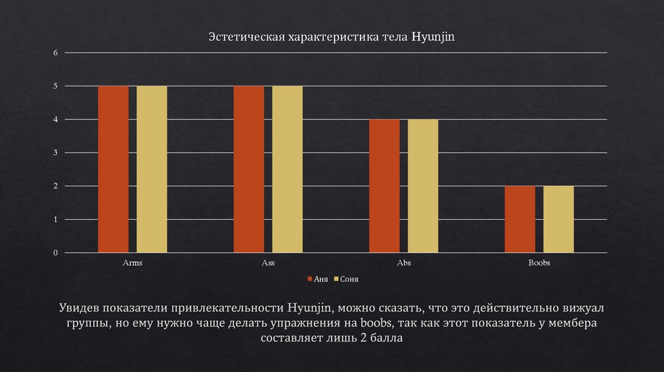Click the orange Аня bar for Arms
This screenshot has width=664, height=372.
pos(113,169)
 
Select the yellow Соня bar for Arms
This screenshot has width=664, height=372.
pos(152,169)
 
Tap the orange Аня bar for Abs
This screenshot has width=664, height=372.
pos(385,186)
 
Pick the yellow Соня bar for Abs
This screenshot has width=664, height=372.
pos(423,186)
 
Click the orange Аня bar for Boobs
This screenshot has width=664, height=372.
pos(520,219)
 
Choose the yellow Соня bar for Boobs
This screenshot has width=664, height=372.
pos(558,219)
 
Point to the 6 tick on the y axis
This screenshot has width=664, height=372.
pos(55,52)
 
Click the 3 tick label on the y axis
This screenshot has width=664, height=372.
pos(55,153)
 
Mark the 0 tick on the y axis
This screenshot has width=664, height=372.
pos(55,253)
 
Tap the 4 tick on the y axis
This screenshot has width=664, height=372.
pos(55,119)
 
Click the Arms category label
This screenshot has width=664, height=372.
pos(132,264)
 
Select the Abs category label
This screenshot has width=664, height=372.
pos(403,264)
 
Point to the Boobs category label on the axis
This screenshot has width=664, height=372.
pos(539,264)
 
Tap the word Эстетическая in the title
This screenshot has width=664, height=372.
pos(239,38)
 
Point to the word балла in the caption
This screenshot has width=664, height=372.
pos(386,338)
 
